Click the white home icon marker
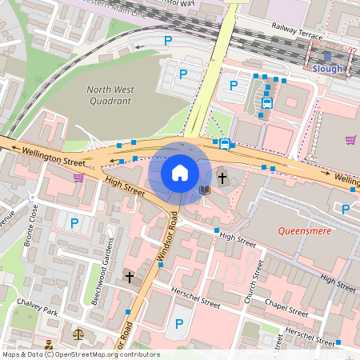[x=180, y=172]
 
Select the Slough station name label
[x=327, y=69]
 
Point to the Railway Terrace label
[x=297, y=32]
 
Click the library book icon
[x=205, y=190]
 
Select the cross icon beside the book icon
[x=222, y=178]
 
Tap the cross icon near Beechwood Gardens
[x=129, y=277]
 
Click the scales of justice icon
[x=78, y=334]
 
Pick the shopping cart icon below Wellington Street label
[x=78, y=178]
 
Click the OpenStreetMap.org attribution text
[x=106, y=354]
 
